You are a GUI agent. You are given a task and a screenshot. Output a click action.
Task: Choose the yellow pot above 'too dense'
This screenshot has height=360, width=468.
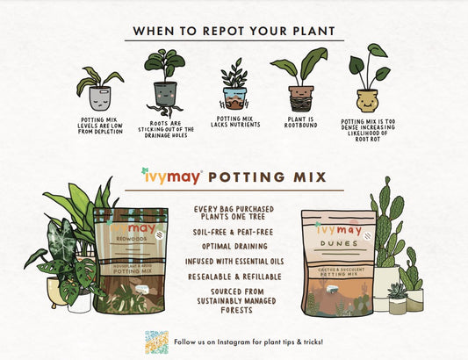[366, 98]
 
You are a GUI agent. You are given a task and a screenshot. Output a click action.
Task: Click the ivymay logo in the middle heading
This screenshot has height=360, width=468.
[170, 176]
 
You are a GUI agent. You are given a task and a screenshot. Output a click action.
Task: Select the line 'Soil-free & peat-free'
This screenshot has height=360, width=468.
[233, 231]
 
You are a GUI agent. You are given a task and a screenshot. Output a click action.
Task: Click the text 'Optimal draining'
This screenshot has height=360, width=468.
[233, 246]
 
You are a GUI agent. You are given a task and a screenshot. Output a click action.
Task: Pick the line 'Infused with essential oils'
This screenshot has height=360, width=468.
[233, 261]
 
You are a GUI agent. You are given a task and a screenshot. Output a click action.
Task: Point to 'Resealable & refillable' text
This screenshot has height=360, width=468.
[233, 276]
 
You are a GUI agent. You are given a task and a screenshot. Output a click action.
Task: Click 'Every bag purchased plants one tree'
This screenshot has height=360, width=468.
[233, 211]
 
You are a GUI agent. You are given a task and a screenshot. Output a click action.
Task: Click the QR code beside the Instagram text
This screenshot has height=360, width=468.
[156, 341]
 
